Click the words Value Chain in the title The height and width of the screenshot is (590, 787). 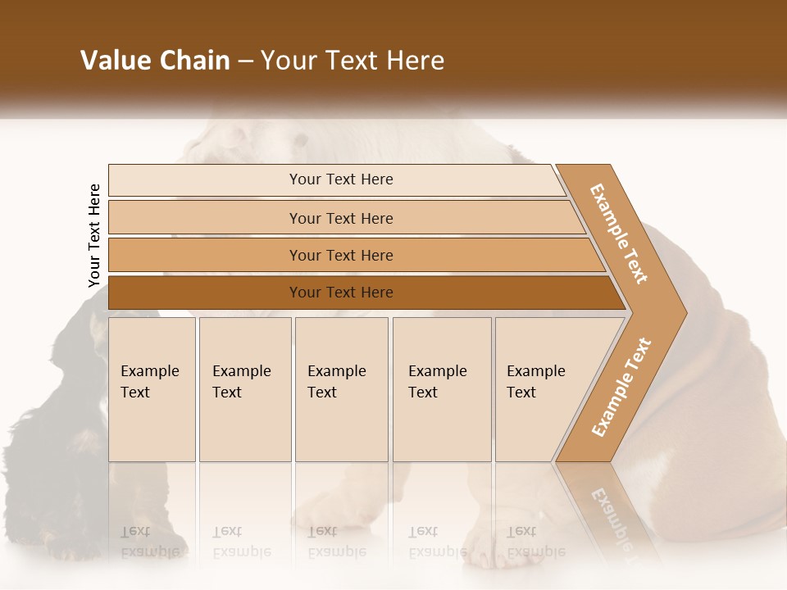[155, 61]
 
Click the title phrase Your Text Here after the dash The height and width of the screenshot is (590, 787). [353, 61]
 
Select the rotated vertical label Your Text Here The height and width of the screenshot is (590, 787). [94, 235]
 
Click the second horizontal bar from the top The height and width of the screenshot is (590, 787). [340, 218]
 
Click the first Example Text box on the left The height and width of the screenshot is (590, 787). [152, 389]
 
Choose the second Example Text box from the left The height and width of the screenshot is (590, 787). [244, 389]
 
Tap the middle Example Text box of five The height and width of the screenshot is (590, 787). [341, 389]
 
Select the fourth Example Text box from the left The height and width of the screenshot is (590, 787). [441, 389]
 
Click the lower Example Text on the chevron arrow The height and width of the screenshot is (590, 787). [621, 387]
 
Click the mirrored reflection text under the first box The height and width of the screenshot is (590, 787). [150, 542]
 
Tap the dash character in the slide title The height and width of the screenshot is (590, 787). [245, 61]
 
